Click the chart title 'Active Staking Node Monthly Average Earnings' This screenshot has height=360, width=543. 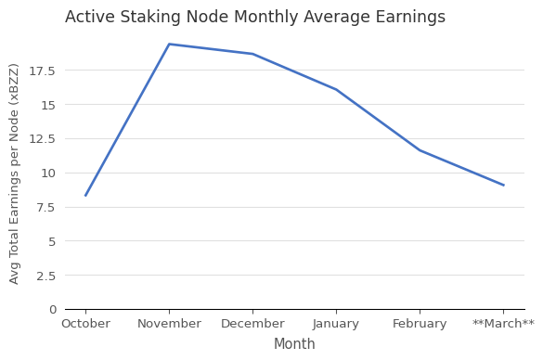[x=255, y=18]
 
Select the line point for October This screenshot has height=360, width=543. [x=85, y=196]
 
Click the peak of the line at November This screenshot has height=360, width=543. [x=169, y=45]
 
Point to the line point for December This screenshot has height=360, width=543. [x=252, y=54]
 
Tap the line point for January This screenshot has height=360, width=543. [x=336, y=90]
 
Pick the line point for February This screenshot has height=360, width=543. [x=420, y=150]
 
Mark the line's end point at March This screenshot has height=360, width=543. [x=503, y=186]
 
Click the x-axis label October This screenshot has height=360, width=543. [x=85, y=324]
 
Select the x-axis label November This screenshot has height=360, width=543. [x=169, y=324]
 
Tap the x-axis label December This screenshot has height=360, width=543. [x=252, y=324]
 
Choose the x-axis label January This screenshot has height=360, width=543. [x=336, y=324]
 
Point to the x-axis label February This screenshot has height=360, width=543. [x=420, y=324]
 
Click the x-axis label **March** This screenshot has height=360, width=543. [x=503, y=324]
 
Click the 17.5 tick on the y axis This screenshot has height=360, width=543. [x=43, y=71]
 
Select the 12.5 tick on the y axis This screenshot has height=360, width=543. [x=43, y=139]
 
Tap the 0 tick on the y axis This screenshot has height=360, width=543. [x=53, y=309]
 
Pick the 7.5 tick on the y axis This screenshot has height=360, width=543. [x=46, y=207]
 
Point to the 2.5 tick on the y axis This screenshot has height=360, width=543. [x=46, y=276]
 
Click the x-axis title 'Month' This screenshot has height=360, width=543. [x=294, y=344]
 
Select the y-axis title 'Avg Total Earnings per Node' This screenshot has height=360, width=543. [x=15, y=173]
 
